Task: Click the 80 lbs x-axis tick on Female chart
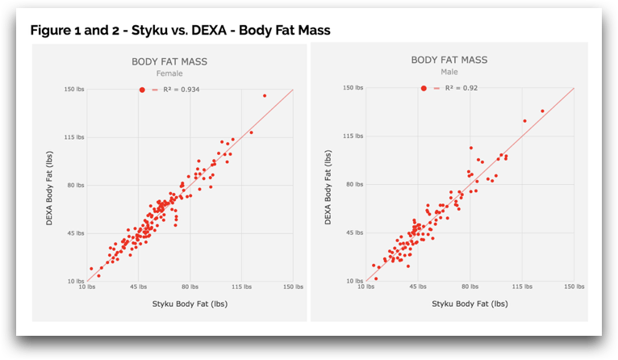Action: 190,287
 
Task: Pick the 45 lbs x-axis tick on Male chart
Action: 417,287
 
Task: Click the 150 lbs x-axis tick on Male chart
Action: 574,287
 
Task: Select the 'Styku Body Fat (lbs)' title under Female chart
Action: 190,304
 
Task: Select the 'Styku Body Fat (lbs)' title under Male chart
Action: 469,304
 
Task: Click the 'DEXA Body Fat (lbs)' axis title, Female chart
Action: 49,185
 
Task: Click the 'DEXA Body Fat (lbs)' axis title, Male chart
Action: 328,185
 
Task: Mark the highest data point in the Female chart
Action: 265,96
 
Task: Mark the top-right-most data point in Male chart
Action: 542,111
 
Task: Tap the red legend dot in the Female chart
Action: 142,90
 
